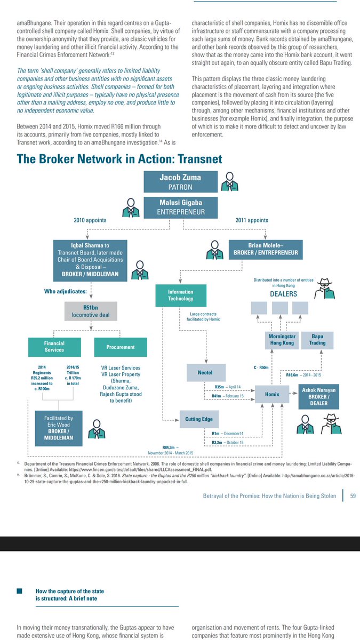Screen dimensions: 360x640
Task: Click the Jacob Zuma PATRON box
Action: [181, 182]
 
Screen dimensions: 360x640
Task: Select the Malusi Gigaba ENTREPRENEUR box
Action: [181, 207]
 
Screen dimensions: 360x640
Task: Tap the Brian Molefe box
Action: [266, 250]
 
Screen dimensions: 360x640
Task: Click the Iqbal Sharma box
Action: [90, 260]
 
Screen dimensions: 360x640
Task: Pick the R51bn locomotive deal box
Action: [91, 311]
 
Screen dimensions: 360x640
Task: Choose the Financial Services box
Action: [54, 347]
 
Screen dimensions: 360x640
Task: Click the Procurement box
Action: [121, 347]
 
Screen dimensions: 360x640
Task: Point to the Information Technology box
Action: [181, 295]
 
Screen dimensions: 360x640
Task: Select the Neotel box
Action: [206, 373]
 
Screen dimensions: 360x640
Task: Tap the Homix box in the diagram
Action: [272, 394]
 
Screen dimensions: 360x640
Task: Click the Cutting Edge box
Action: [199, 419]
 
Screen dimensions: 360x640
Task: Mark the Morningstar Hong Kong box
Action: [282, 340]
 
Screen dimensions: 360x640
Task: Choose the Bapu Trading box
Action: [317, 340]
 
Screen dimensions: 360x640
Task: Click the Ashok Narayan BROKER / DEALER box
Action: [318, 397]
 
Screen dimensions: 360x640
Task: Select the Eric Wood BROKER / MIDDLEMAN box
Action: [59, 428]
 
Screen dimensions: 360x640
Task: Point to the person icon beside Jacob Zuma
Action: [230, 182]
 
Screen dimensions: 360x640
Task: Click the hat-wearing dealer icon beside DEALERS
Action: [325, 289]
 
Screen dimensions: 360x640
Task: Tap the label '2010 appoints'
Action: [90, 220]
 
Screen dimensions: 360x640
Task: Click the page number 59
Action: [353, 495]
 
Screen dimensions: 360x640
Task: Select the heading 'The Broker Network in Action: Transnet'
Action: [119, 159]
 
